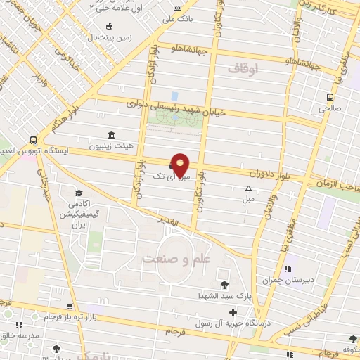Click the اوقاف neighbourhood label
(x=244, y=68)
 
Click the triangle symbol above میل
(x=248, y=188)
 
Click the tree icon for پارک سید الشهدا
(x=224, y=284)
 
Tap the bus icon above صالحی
(x=329, y=98)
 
